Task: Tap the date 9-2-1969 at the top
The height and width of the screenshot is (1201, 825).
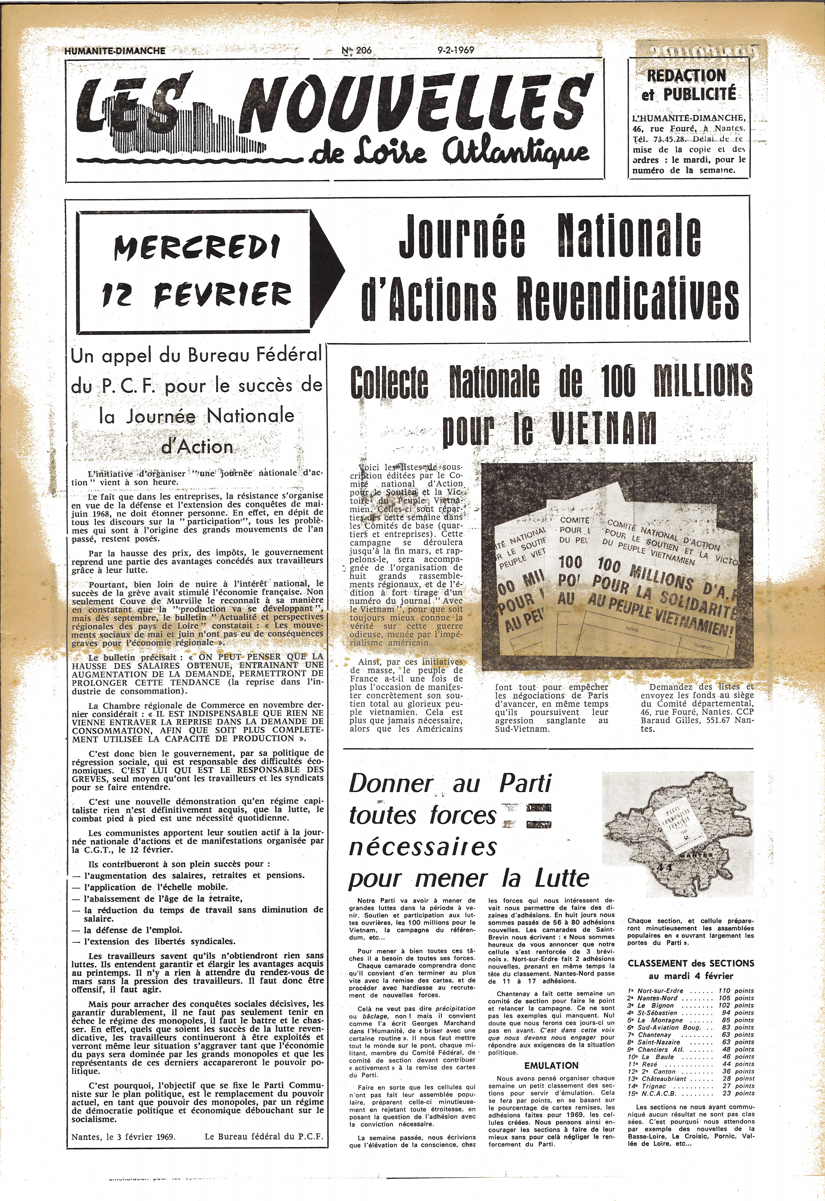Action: click(x=455, y=51)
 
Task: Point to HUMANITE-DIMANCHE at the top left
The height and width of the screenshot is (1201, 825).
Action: click(x=115, y=51)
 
